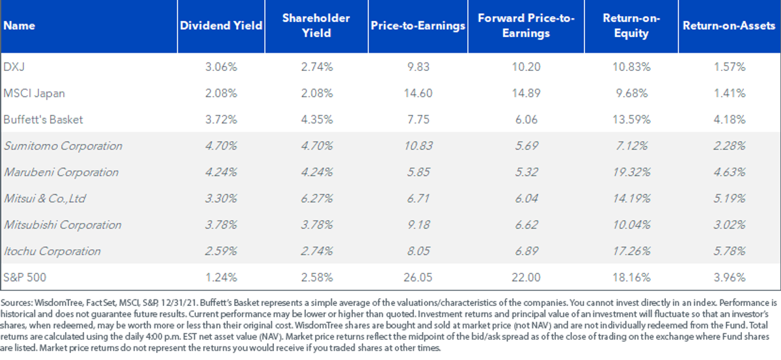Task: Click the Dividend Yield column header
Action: click(x=221, y=25)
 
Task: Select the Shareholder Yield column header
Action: click(x=316, y=25)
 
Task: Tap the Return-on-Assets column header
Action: click(x=729, y=25)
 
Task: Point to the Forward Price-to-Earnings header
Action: click(x=526, y=25)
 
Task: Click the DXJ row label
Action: click(x=14, y=66)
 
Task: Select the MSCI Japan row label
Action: click(x=34, y=93)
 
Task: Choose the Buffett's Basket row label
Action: click(x=43, y=120)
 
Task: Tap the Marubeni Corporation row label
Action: click(x=61, y=173)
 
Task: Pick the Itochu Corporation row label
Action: click(x=52, y=251)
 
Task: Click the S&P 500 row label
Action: click(x=25, y=277)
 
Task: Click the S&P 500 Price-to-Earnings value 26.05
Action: click(x=418, y=277)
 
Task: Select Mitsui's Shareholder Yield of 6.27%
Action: click(x=316, y=199)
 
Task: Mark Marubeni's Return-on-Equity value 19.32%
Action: click(x=631, y=173)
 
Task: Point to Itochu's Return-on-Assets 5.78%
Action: click(x=730, y=251)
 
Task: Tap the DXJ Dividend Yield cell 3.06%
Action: click(x=221, y=66)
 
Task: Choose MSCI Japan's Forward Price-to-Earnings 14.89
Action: click(x=526, y=93)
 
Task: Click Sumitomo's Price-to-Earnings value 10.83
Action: click(x=418, y=146)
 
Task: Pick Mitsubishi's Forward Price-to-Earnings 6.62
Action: click(x=527, y=225)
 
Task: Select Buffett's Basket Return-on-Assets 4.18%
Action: click(x=730, y=120)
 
